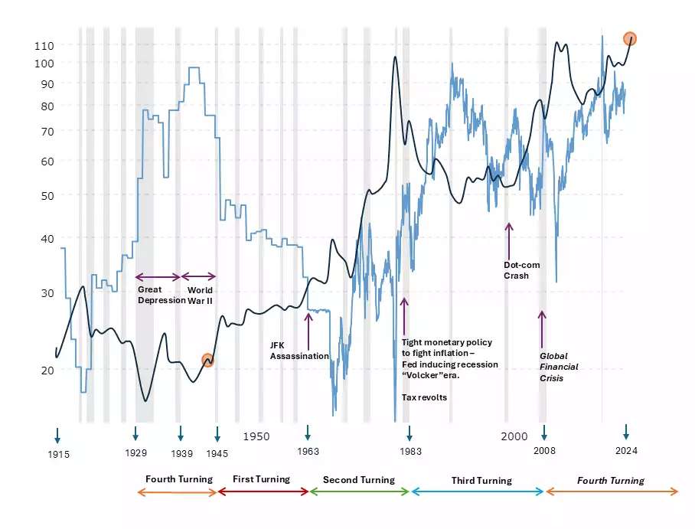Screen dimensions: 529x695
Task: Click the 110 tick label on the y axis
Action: coord(44,45)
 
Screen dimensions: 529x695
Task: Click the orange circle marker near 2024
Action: coord(630,38)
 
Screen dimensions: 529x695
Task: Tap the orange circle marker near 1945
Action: coord(207,360)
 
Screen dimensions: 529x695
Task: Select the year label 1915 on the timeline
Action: coord(58,454)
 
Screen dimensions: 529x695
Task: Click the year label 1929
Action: coord(135,452)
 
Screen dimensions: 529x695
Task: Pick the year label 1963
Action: coord(308,452)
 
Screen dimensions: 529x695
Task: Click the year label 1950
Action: coord(256,436)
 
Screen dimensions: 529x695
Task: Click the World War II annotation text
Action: coord(200,296)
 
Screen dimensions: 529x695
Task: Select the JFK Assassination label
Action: coord(299,351)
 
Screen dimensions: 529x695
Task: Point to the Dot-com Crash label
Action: coord(521,270)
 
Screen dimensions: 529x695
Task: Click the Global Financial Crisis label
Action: coord(559,367)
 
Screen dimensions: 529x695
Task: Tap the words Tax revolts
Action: coord(424,397)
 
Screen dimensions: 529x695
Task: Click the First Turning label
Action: coord(261,479)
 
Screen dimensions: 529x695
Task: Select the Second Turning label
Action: coord(358,480)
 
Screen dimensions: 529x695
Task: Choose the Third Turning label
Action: coord(481,481)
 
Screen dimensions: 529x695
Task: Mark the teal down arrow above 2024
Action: coord(625,433)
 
